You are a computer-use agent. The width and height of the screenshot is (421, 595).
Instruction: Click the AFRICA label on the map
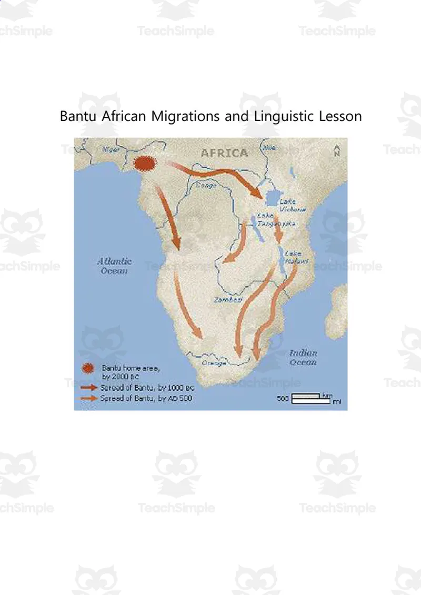point(224,153)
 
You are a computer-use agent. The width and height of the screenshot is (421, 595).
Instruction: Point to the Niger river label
point(111,149)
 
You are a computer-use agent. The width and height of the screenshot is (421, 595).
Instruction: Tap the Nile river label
point(270,148)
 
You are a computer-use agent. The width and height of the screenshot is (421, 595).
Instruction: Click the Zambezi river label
point(227,299)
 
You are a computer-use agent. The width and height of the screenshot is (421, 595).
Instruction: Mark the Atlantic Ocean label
point(114,266)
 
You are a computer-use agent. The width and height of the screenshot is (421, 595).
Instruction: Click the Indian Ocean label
point(303,357)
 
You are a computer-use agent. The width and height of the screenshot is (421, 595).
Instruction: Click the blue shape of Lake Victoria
point(272,199)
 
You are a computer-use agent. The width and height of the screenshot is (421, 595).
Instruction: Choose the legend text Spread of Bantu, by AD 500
point(146,398)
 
